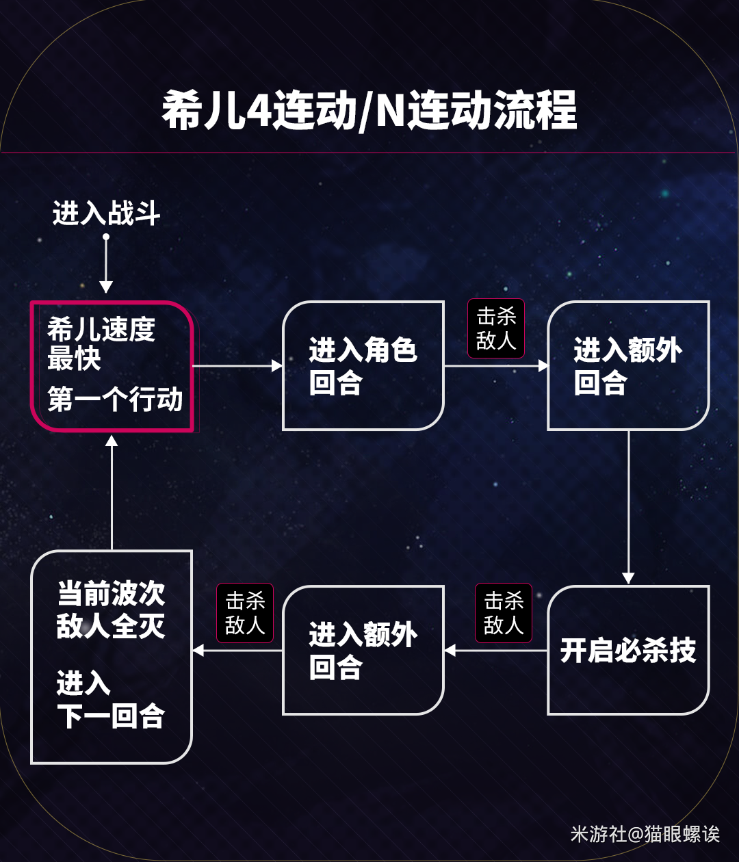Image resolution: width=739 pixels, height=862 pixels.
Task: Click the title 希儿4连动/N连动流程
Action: [369, 111]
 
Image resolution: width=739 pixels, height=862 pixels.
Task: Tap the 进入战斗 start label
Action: [106, 213]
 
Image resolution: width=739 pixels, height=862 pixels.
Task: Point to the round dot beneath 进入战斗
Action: [106, 237]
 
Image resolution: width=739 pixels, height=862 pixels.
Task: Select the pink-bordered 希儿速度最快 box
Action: [112, 366]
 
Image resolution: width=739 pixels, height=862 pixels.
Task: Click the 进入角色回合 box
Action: [363, 366]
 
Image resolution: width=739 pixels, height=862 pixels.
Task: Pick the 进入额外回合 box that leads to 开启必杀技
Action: [628, 366]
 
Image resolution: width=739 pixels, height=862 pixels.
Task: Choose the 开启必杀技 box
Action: [628, 650]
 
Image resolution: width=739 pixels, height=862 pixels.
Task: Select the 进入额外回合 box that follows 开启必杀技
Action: [363, 650]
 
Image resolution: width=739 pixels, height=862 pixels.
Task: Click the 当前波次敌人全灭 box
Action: [112, 657]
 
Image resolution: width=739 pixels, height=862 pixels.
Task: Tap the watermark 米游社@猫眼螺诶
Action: [645, 834]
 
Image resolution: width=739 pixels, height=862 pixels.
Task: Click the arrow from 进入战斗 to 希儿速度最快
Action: [106, 267]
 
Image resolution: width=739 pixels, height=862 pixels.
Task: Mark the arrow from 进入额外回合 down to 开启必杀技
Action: [628, 506]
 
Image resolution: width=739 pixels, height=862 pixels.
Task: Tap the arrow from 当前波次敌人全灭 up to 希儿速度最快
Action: [112, 493]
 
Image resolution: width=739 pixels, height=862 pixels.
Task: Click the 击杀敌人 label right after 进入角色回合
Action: [496, 328]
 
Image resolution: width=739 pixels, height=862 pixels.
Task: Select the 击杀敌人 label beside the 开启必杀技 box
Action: [504, 613]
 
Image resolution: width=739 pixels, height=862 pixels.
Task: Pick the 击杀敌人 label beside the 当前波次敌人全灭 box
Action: [245, 613]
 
